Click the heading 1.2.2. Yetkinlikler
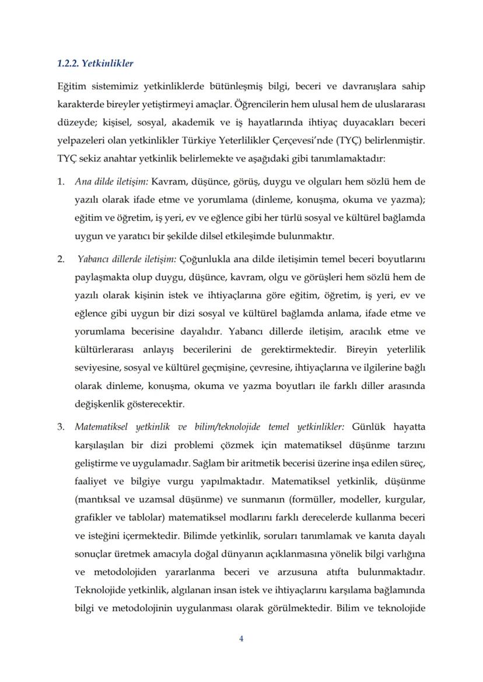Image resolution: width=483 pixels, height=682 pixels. tap(96, 63)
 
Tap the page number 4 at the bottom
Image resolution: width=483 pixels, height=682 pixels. tap(242, 638)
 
